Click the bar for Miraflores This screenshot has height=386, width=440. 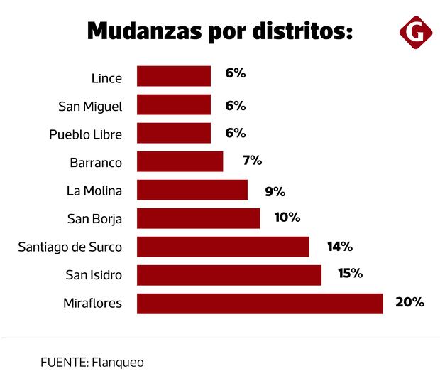tap(260, 304)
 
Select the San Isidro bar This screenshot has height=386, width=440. tap(229, 275)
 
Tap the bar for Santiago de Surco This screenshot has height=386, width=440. tap(223, 247)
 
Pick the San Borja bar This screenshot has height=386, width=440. tap(198, 218)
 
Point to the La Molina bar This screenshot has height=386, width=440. tap(192, 190)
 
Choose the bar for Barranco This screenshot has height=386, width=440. tap(180, 161)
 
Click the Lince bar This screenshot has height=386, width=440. tap(174, 76)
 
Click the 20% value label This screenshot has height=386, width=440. tap(409, 302)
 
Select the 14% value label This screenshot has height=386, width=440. tap(339, 247)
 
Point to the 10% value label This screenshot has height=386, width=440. tap(287, 217)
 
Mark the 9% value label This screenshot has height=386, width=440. tap(274, 191)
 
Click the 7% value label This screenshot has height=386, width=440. tap(252, 161)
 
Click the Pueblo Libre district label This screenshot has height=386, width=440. tap(86, 134)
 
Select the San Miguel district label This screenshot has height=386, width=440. tap(90, 106)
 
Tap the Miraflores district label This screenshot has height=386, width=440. tap(92, 304)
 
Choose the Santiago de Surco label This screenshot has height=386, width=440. tap(70, 247)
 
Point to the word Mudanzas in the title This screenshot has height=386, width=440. tap(138, 32)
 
